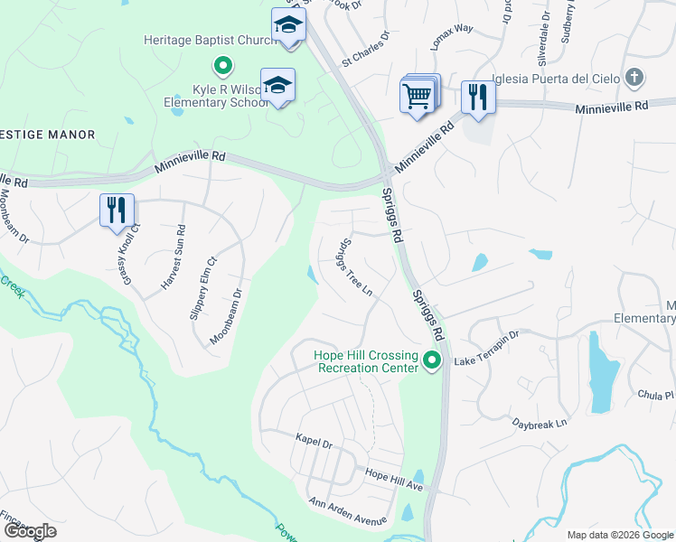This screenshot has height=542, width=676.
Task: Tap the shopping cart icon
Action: (418, 95)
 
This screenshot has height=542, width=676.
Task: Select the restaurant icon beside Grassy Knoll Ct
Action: (117, 210)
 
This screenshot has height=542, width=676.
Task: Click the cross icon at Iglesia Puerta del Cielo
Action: (635, 78)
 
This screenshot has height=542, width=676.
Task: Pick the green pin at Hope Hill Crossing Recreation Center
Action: (432, 361)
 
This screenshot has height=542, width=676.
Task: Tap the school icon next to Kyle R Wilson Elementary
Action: (277, 86)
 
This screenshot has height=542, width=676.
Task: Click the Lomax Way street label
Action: (452, 41)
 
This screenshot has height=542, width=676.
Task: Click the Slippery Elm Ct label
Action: (203, 287)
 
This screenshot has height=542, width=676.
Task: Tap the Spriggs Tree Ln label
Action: (355, 267)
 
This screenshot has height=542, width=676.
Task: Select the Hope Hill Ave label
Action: (394, 479)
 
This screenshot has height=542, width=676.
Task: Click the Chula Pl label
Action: (656, 395)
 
